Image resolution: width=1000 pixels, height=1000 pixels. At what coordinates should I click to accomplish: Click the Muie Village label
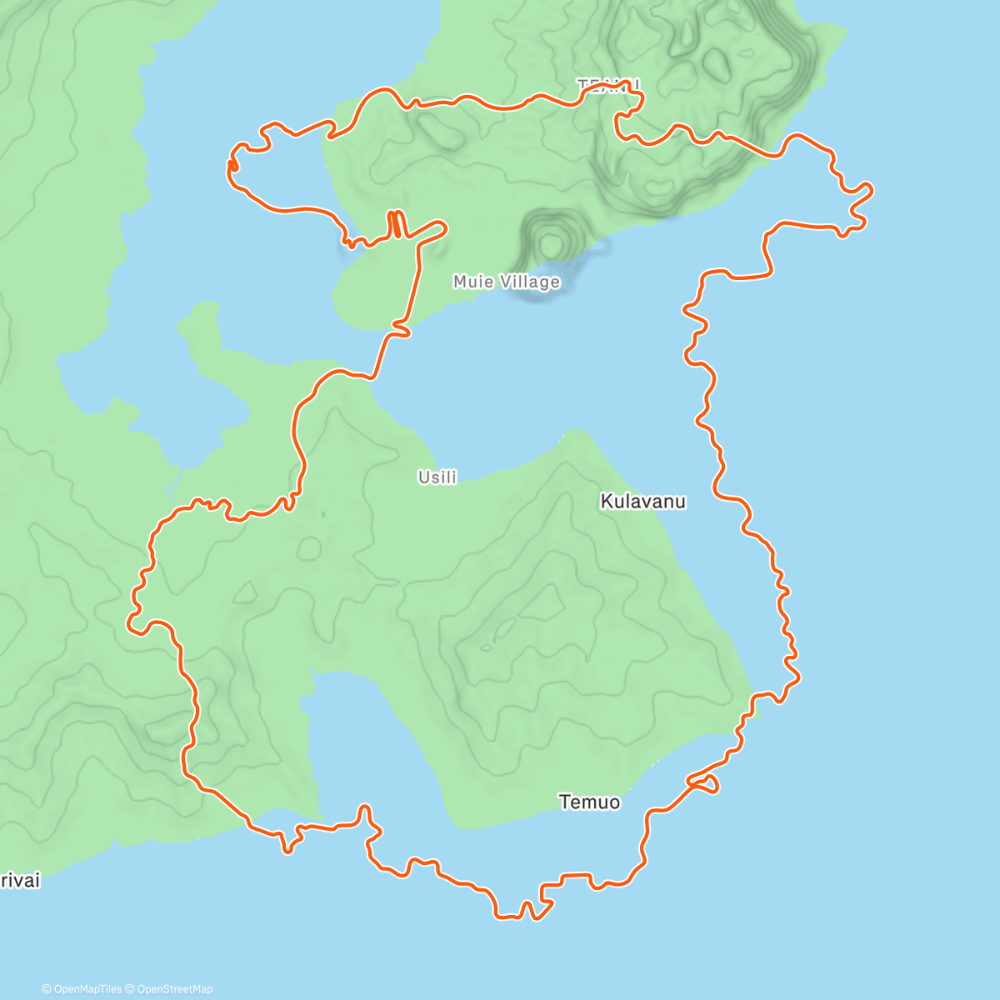(506, 282)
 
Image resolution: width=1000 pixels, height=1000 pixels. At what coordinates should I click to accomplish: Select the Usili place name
(437, 477)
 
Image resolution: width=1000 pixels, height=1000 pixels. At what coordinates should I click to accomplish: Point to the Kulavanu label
(642, 501)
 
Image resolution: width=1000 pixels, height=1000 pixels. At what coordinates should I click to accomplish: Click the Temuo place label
(589, 802)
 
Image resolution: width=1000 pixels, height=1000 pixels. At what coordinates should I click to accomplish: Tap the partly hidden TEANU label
(608, 85)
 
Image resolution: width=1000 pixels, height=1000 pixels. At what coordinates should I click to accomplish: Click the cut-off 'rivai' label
(19, 881)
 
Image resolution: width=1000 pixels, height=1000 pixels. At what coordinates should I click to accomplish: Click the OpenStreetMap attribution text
(174, 989)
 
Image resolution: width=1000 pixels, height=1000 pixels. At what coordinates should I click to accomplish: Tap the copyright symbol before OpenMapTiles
(47, 989)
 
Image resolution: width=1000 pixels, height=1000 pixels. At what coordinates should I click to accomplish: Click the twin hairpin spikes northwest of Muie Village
(396, 224)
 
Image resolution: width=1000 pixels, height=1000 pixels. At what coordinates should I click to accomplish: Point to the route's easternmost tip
(871, 191)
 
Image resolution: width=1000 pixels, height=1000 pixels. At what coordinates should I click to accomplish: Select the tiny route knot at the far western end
(232, 167)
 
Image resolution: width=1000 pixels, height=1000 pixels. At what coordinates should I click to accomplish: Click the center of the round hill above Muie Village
(550, 244)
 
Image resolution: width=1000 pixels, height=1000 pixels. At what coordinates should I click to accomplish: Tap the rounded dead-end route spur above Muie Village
(437, 226)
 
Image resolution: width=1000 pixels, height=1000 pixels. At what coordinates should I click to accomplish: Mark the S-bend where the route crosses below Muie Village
(400, 331)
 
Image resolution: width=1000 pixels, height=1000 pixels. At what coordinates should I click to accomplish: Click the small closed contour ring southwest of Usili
(309, 547)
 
